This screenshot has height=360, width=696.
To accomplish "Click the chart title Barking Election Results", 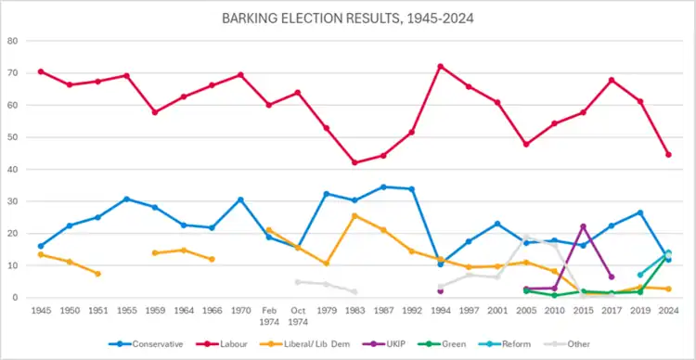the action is coord(348,19).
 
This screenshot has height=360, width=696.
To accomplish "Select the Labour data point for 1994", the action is coord(440,67).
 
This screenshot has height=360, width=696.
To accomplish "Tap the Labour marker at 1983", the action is coord(354,162).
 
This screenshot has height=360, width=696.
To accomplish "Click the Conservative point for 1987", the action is coord(383,186).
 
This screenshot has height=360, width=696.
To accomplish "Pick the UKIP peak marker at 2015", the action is coord(584,226).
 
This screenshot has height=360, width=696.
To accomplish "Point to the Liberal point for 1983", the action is coord(354,216).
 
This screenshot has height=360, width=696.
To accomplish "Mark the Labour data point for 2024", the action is coord(668,154).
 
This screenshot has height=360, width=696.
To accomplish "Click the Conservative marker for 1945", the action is coord(41,246).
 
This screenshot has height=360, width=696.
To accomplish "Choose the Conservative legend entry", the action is coord(146,344).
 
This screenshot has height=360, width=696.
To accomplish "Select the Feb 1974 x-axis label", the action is coord(269,316).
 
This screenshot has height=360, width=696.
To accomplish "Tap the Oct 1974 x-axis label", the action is coord(298,316).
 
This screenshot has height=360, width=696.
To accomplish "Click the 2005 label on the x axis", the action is coord(526,311).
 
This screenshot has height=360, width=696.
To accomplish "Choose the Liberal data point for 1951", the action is coord(97,274).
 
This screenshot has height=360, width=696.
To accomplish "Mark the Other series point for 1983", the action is coord(354,291).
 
